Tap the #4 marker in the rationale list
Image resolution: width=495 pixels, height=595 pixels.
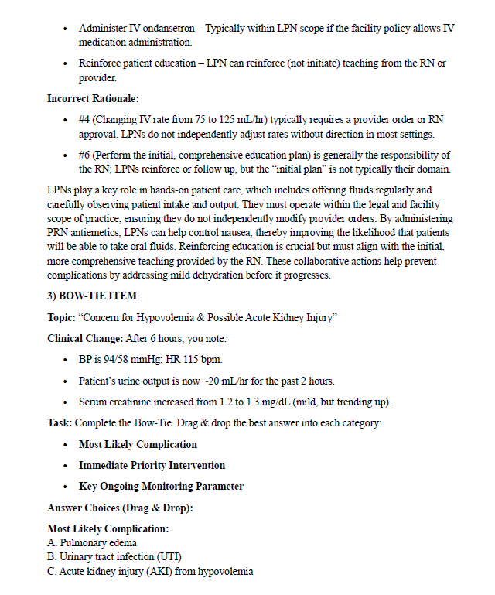(x=85, y=120)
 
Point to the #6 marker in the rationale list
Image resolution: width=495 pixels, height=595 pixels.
(x=85, y=156)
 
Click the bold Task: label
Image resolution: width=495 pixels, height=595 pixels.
(x=59, y=423)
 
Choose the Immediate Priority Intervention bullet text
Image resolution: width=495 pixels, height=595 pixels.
(x=152, y=466)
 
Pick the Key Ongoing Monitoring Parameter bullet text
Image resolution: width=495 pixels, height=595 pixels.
(x=161, y=487)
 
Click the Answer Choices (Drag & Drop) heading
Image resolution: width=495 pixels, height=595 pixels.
(x=119, y=508)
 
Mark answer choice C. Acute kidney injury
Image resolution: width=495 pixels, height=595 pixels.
(x=150, y=572)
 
